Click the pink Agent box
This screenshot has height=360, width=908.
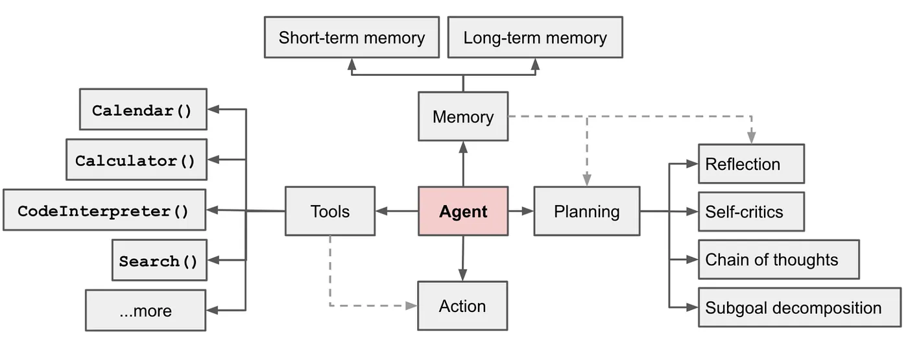coord(463,211)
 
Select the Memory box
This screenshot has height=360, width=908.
coord(463,117)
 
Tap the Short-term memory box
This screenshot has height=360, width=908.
coord(352,38)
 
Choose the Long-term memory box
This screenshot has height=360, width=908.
coord(535,38)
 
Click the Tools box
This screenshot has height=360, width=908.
coord(330,211)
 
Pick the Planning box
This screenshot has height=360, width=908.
coord(586,211)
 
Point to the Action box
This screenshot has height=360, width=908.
coord(462,306)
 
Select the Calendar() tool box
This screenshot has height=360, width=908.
coord(143,110)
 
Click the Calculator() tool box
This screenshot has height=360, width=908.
coord(136,160)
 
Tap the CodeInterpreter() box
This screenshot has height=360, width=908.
coord(104,210)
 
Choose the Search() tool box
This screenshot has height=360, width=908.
coord(159,261)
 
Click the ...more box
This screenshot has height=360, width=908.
coord(146,311)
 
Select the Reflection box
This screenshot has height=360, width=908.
coord(750,164)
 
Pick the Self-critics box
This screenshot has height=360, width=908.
coord(750,211)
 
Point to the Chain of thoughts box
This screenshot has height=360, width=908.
coord(778,259)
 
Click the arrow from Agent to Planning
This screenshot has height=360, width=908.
coord(521,211)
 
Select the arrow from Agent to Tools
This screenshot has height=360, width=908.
coord(396,211)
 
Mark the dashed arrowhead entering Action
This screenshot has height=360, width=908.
coord(411,306)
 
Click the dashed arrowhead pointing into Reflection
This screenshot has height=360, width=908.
coord(751,138)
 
